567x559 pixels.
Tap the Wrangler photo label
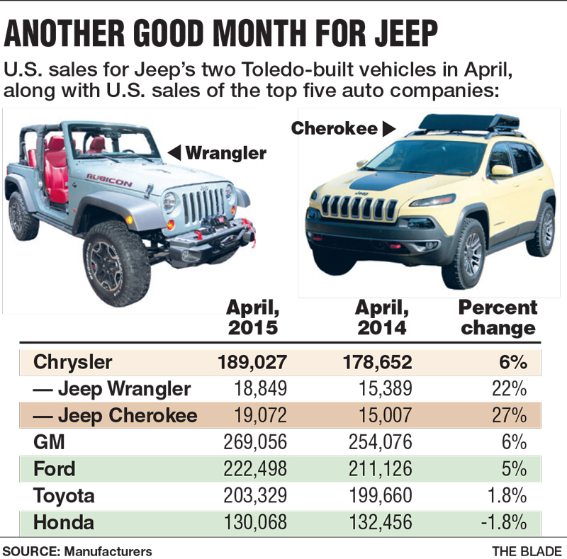pos(226,152)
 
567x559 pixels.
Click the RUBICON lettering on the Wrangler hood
pos(109,179)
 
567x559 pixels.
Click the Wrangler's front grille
pos(203,204)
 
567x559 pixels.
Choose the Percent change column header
pos(498,317)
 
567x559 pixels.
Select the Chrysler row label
pos(73,362)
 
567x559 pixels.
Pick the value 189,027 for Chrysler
pos(252,362)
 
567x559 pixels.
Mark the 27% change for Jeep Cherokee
pos(512,415)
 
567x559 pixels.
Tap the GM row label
pos(49,442)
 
